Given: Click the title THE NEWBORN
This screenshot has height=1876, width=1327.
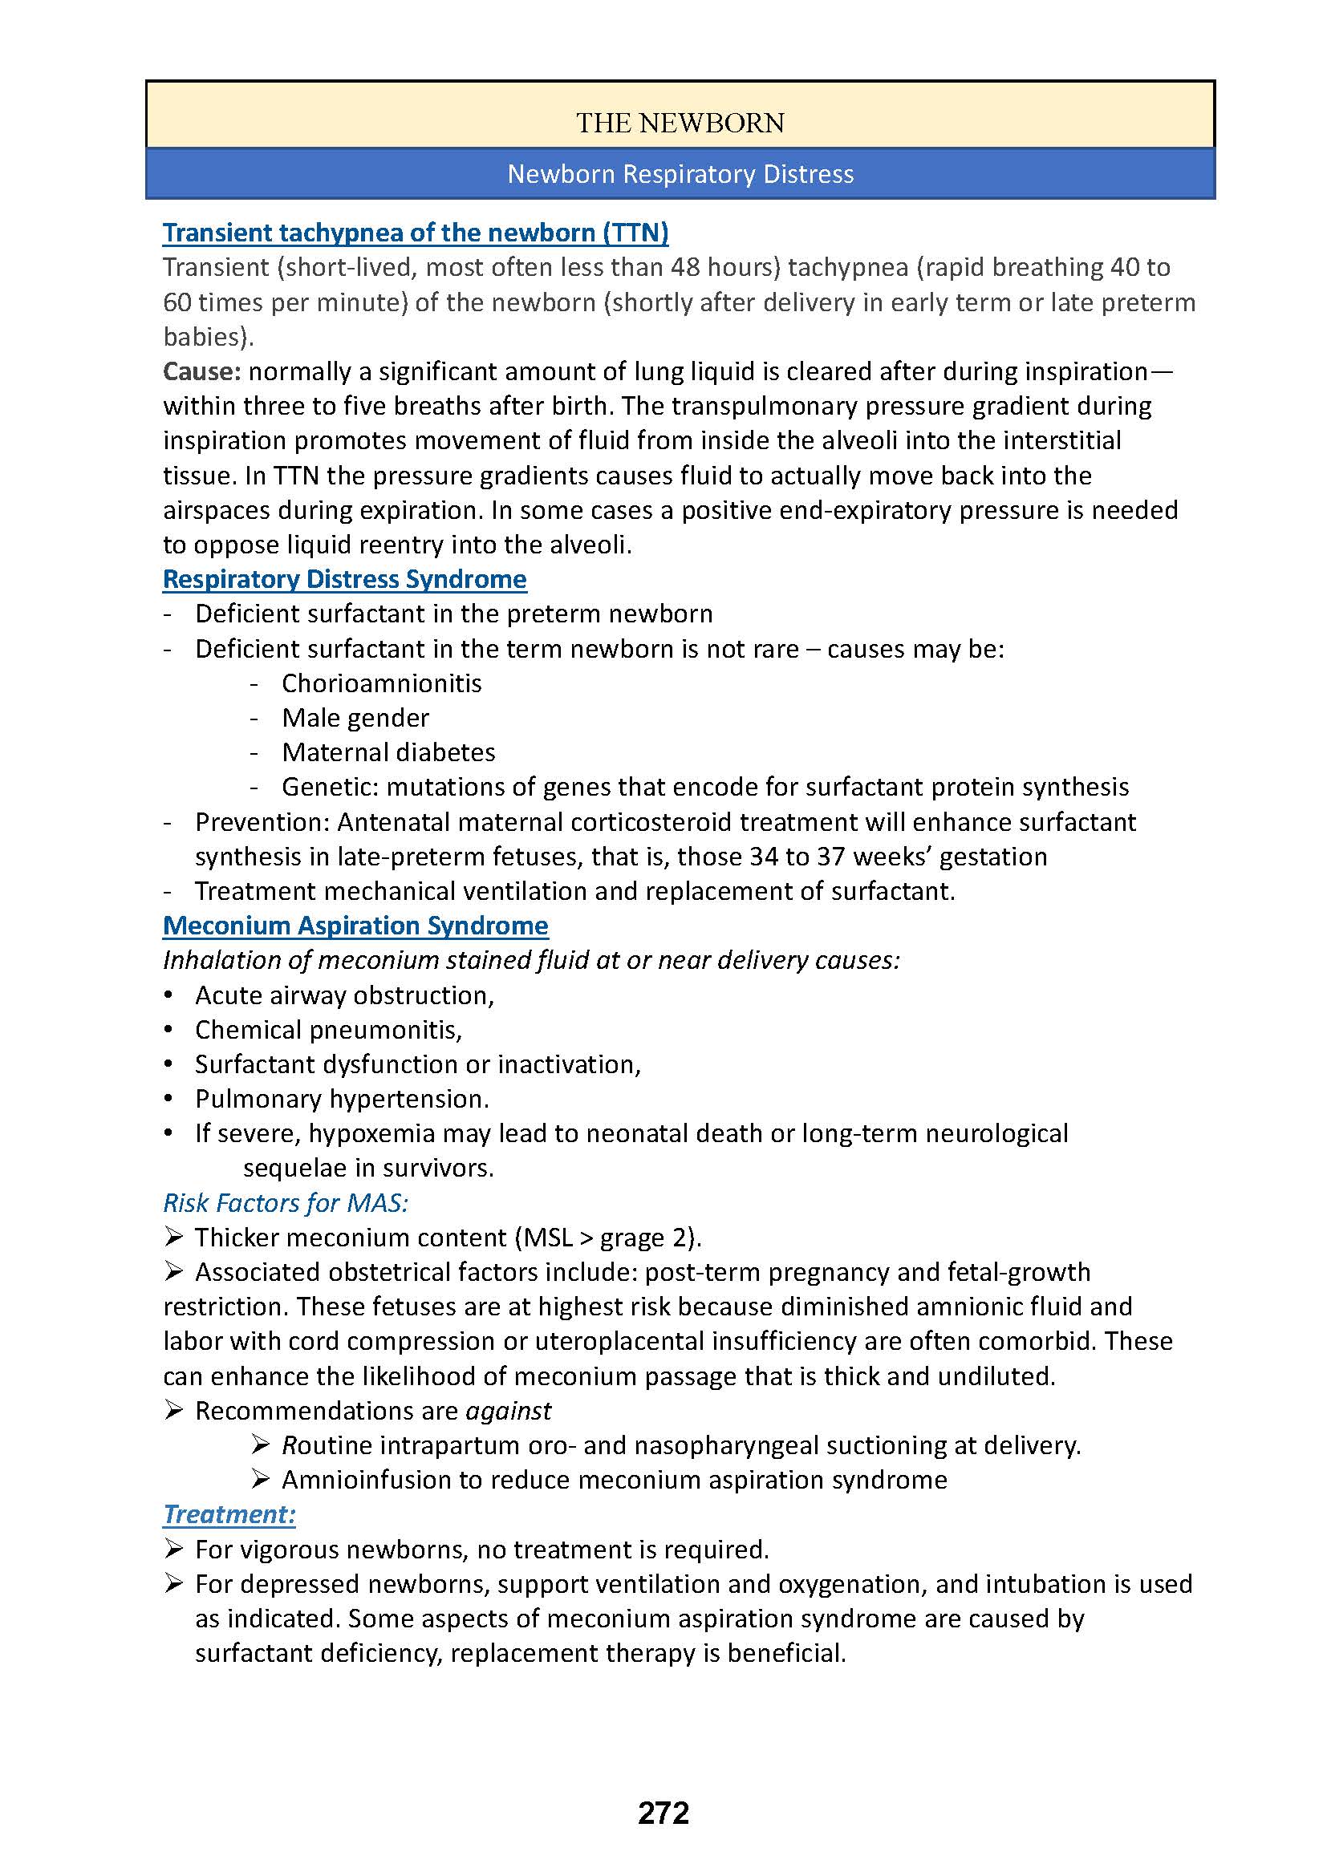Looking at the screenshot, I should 680,124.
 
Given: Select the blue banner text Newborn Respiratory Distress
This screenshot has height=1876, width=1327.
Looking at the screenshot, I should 680,174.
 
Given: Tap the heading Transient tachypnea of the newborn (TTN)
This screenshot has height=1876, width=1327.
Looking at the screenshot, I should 415,233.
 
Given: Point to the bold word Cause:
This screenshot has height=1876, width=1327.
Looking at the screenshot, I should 202,372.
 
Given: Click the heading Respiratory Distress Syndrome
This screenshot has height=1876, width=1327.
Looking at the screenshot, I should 344,579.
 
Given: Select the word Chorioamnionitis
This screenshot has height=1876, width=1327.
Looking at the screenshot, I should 382,683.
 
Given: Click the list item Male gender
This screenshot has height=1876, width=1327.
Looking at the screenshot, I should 355,718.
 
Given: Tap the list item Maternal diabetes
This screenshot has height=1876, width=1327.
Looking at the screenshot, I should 388,752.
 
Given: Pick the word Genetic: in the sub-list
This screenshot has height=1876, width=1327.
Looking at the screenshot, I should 330,787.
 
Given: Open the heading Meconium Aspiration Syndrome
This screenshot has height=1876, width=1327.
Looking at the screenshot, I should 355,926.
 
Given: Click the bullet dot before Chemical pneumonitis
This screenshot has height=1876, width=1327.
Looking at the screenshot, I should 168,1031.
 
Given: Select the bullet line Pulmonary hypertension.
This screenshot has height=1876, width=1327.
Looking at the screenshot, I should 342,1100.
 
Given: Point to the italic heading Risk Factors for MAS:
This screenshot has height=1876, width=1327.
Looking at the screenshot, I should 285,1203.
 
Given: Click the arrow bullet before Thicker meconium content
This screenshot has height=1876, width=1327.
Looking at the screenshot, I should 172,1237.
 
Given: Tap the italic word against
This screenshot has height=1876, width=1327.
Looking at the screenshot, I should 508,1411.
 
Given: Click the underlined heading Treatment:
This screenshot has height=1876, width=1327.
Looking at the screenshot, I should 229,1514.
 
